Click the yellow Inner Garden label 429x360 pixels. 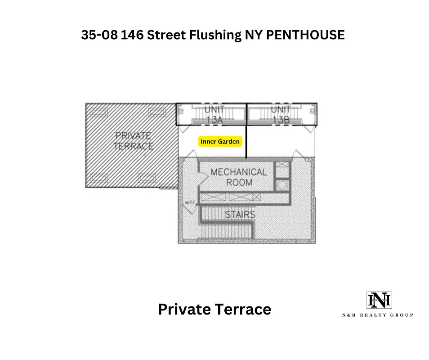(220, 141)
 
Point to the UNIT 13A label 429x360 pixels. (214, 114)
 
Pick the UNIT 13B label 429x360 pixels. (280, 114)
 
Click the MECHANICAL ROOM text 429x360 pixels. (238, 177)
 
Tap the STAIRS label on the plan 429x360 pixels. (240, 214)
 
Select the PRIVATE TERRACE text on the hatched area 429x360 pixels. (134, 141)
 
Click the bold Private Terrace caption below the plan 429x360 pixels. (214, 309)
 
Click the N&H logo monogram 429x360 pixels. (379, 300)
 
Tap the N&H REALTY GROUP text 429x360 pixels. (377, 315)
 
